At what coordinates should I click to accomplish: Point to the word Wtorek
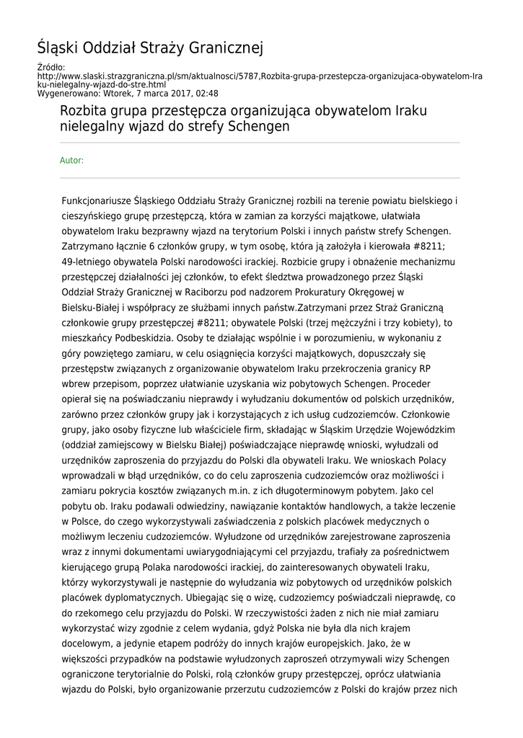coord(118,93)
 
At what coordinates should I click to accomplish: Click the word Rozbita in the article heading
coord(84,111)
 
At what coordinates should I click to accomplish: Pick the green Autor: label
coord(71,160)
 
